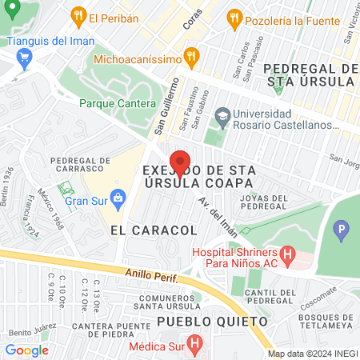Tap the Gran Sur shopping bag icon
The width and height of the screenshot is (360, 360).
point(118,197)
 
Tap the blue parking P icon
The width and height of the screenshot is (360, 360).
point(342,232)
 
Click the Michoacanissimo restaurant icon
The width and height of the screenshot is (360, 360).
point(190,58)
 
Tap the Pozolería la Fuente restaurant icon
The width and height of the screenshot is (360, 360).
point(234,17)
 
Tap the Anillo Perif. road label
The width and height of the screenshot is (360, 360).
point(151,278)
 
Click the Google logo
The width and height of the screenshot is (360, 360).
point(26,350)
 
